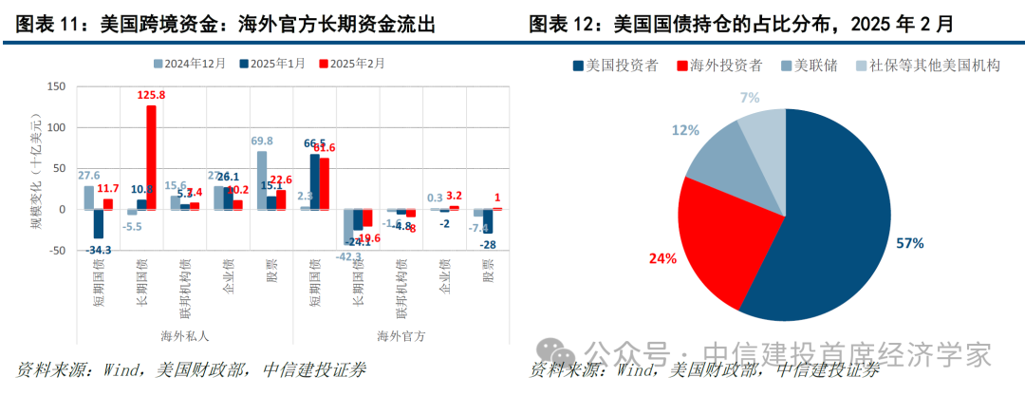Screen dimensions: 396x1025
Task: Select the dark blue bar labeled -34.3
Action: click(98, 223)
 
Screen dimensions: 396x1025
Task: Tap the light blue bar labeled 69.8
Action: click(262, 179)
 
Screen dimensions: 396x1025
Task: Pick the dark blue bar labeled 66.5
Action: click(314, 181)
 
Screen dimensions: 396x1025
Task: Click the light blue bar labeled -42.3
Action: click(347, 226)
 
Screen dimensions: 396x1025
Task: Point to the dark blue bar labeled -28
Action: click(487, 220)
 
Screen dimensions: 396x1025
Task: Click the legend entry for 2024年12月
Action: click(190, 64)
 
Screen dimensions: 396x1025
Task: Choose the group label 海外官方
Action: click(401, 335)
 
